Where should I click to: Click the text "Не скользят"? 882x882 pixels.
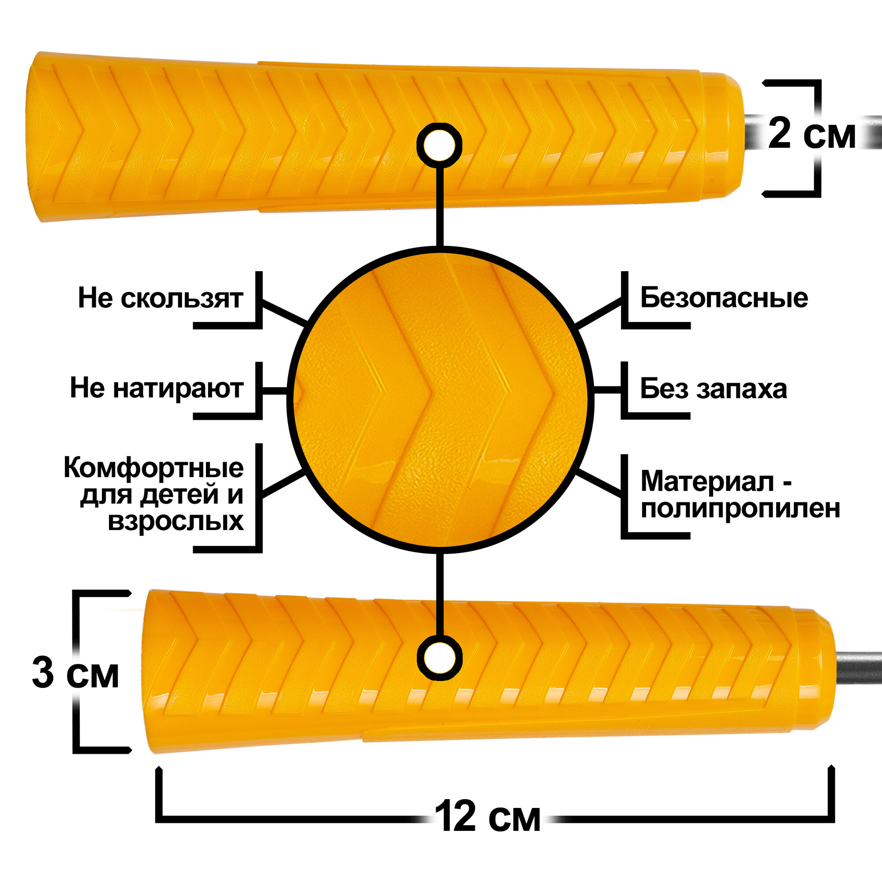(x=160, y=298)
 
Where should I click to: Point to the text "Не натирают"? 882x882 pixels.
(x=156, y=389)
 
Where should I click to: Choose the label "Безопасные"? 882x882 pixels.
(x=724, y=298)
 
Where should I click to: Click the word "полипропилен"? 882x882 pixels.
(x=740, y=508)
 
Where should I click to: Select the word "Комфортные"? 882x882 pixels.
(x=153, y=468)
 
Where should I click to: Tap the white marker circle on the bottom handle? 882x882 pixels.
(x=439, y=658)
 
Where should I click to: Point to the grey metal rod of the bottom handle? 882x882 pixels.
(x=858, y=667)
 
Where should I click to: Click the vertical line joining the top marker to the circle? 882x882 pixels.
(x=440, y=206)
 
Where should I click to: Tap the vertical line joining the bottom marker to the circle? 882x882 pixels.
(x=440, y=594)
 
